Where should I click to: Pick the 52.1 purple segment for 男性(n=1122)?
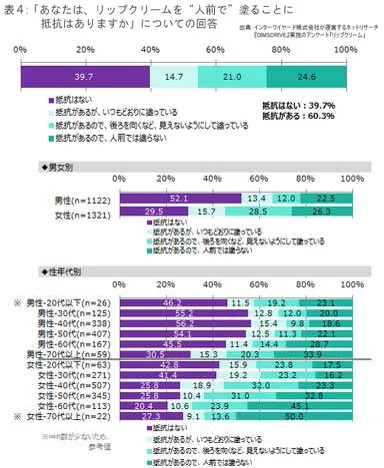point(179,199)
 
